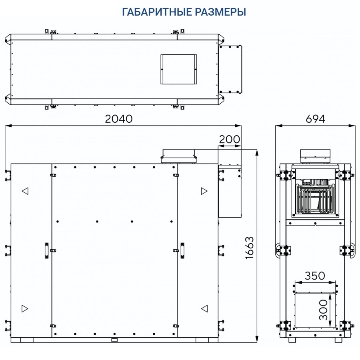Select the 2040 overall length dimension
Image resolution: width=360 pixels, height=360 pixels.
(118, 119)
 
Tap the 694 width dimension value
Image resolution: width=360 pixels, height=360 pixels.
(315, 119)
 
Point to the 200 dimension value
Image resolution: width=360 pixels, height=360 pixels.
(230, 139)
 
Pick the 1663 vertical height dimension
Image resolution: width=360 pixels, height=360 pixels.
(250, 248)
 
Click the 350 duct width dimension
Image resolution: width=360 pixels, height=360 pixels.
(315, 276)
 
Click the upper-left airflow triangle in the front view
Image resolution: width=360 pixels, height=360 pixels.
(25, 191)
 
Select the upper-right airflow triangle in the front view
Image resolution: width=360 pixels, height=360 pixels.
(204, 191)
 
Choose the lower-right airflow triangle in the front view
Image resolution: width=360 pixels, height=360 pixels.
(204, 308)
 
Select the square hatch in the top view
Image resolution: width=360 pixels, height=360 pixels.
(179, 69)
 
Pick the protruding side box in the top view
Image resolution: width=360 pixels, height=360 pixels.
(230, 69)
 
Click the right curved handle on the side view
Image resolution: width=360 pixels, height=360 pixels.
(352, 250)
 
